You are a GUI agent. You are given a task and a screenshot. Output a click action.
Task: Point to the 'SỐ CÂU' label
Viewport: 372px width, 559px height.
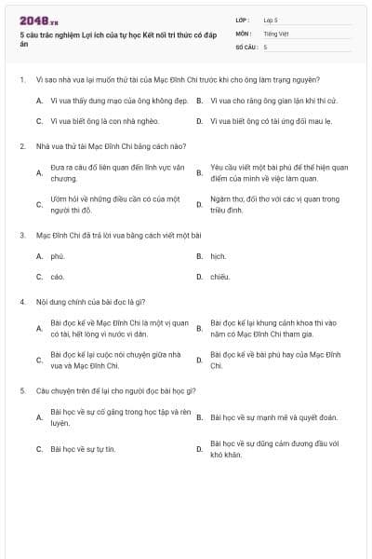click(x=246, y=46)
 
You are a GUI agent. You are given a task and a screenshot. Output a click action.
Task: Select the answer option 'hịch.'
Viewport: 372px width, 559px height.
click(x=219, y=255)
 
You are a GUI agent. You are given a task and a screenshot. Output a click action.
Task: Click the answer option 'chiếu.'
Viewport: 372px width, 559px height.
click(x=220, y=277)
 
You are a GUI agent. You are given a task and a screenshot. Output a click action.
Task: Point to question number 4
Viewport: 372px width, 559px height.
click(x=21, y=302)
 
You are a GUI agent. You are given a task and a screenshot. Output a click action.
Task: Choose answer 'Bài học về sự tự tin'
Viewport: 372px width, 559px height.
click(x=84, y=449)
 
